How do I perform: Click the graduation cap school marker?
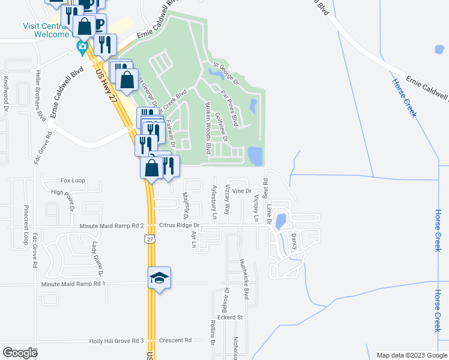tap(159, 278)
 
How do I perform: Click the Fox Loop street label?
tap(73, 180)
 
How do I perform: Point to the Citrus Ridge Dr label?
tap(179, 226)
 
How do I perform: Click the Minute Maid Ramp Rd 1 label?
tap(73, 283)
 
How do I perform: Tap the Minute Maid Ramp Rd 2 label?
tap(112, 226)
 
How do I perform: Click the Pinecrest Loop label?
tap(26, 224)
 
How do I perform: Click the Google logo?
tap(20, 353)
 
